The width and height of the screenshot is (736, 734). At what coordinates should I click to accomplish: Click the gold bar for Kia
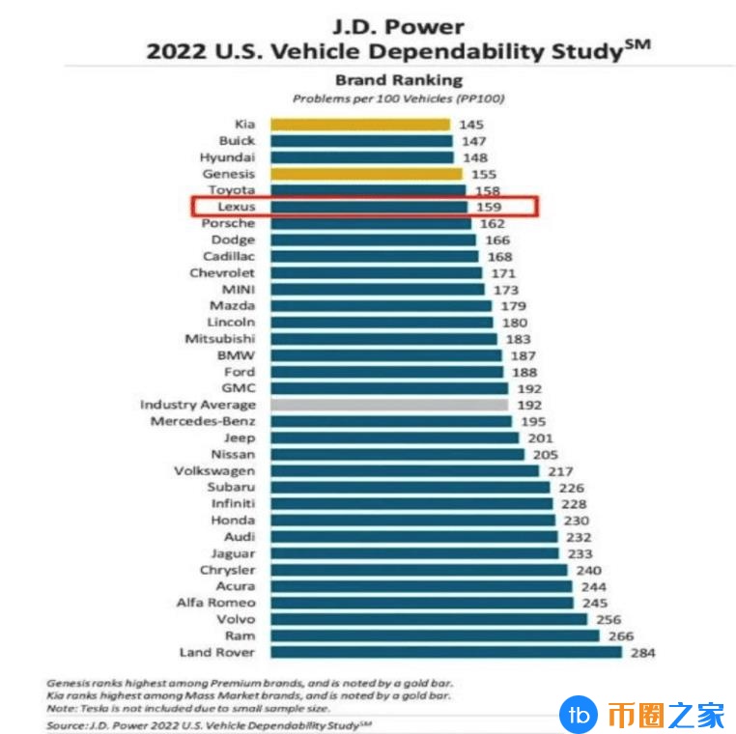click(x=359, y=124)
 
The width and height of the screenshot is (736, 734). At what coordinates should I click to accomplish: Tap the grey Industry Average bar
click(x=389, y=405)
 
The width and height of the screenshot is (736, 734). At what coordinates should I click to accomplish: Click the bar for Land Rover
click(x=445, y=652)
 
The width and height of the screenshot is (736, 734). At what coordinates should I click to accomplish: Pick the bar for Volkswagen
click(x=405, y=470)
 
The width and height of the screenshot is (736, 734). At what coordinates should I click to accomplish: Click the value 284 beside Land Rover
click(x=642, y=653)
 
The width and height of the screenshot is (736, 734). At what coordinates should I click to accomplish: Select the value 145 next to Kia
click(x=470, y=125)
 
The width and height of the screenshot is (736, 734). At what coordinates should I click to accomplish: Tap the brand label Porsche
click(x=228, y=223)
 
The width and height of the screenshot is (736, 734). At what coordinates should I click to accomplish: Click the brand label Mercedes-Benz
click(x=203, y=421)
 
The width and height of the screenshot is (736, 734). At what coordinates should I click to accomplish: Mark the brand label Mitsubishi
click(x=220, y=339)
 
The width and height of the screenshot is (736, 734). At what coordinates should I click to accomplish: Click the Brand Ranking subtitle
click(x=398, y=80)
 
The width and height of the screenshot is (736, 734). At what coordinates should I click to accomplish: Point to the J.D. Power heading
click(x=398, y=25)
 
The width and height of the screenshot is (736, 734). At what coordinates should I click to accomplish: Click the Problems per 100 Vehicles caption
click(x=398, y=99)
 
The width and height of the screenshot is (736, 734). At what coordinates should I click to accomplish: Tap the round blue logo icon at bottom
click(x=577, y=714)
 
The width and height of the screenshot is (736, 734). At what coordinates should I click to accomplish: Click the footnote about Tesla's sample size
click(x=193, y=708)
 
